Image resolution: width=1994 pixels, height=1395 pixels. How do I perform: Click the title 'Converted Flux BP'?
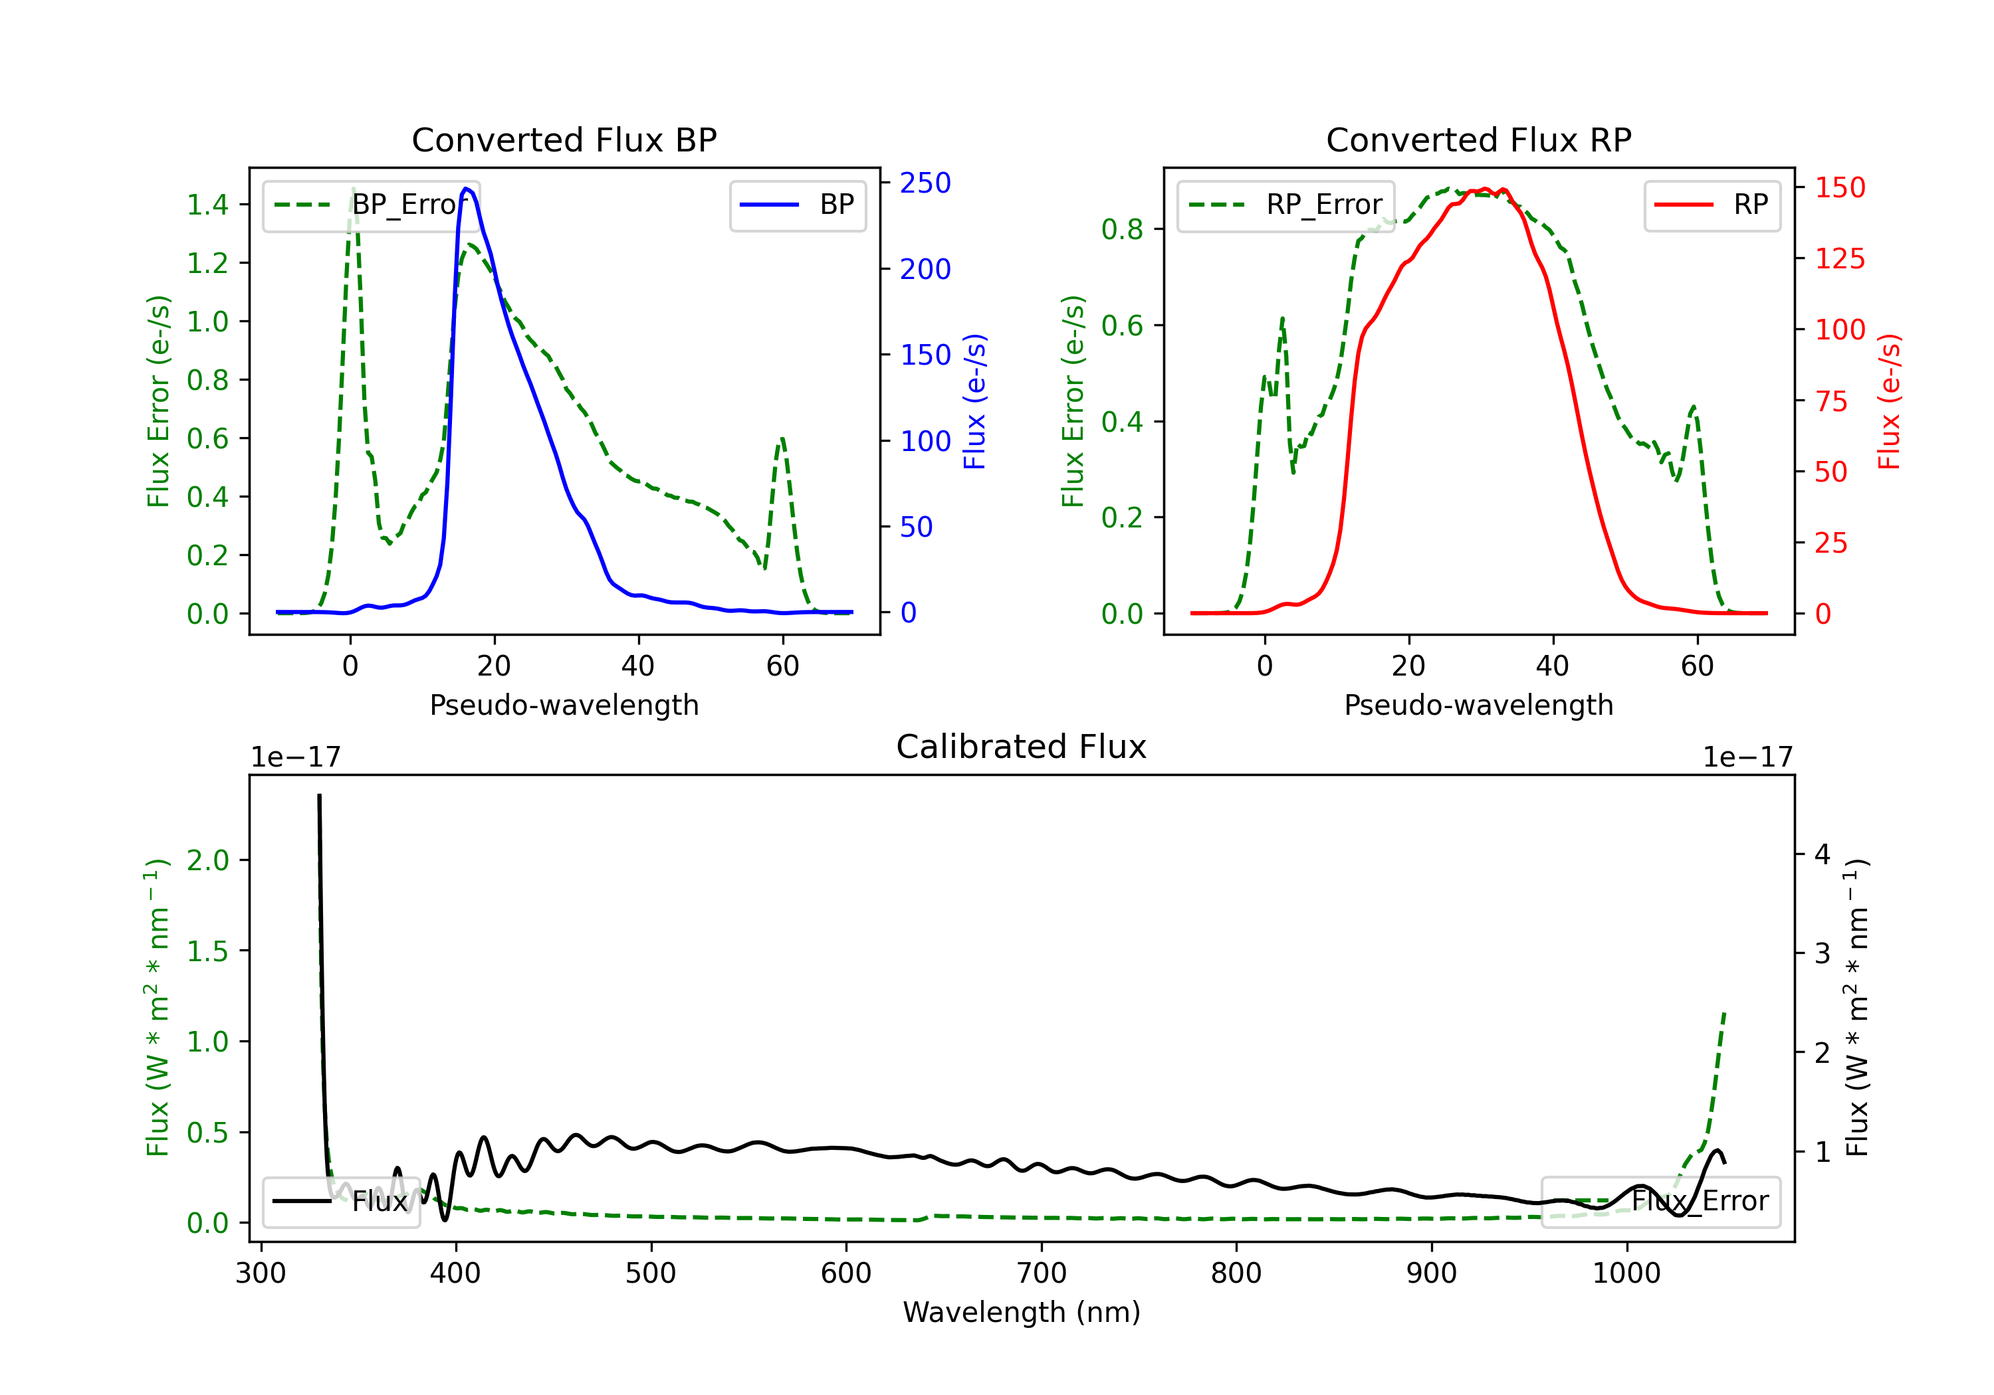coord(564,139)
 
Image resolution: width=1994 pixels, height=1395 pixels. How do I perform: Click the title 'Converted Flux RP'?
coord(1478,139)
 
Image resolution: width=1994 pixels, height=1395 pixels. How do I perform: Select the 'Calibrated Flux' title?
coord(1022,747)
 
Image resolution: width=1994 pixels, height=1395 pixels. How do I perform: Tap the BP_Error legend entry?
coord(371,205)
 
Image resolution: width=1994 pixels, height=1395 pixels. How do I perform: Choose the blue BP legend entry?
coord(797,205)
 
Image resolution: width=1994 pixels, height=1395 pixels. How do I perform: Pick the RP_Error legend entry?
coord(1285,205)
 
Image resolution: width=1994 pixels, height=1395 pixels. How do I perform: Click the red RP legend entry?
coord(1712,205)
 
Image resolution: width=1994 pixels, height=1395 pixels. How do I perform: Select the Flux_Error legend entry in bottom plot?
coord(1660,1202)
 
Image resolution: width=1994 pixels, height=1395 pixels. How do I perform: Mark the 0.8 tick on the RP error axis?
coord(1122,229)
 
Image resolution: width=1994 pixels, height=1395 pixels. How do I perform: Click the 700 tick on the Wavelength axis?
coord(1042,1273)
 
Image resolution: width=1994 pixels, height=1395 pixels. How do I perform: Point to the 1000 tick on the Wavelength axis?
coord(1626,1273)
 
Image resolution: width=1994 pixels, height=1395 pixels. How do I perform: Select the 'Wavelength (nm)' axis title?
coord(1022,1312)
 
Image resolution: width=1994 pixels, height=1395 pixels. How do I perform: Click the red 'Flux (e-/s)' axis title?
coord(1889,402)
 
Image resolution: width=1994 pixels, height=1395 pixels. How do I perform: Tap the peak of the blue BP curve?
coord(467,189)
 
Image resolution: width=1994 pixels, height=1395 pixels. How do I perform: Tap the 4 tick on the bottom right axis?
coord(1822,855)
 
